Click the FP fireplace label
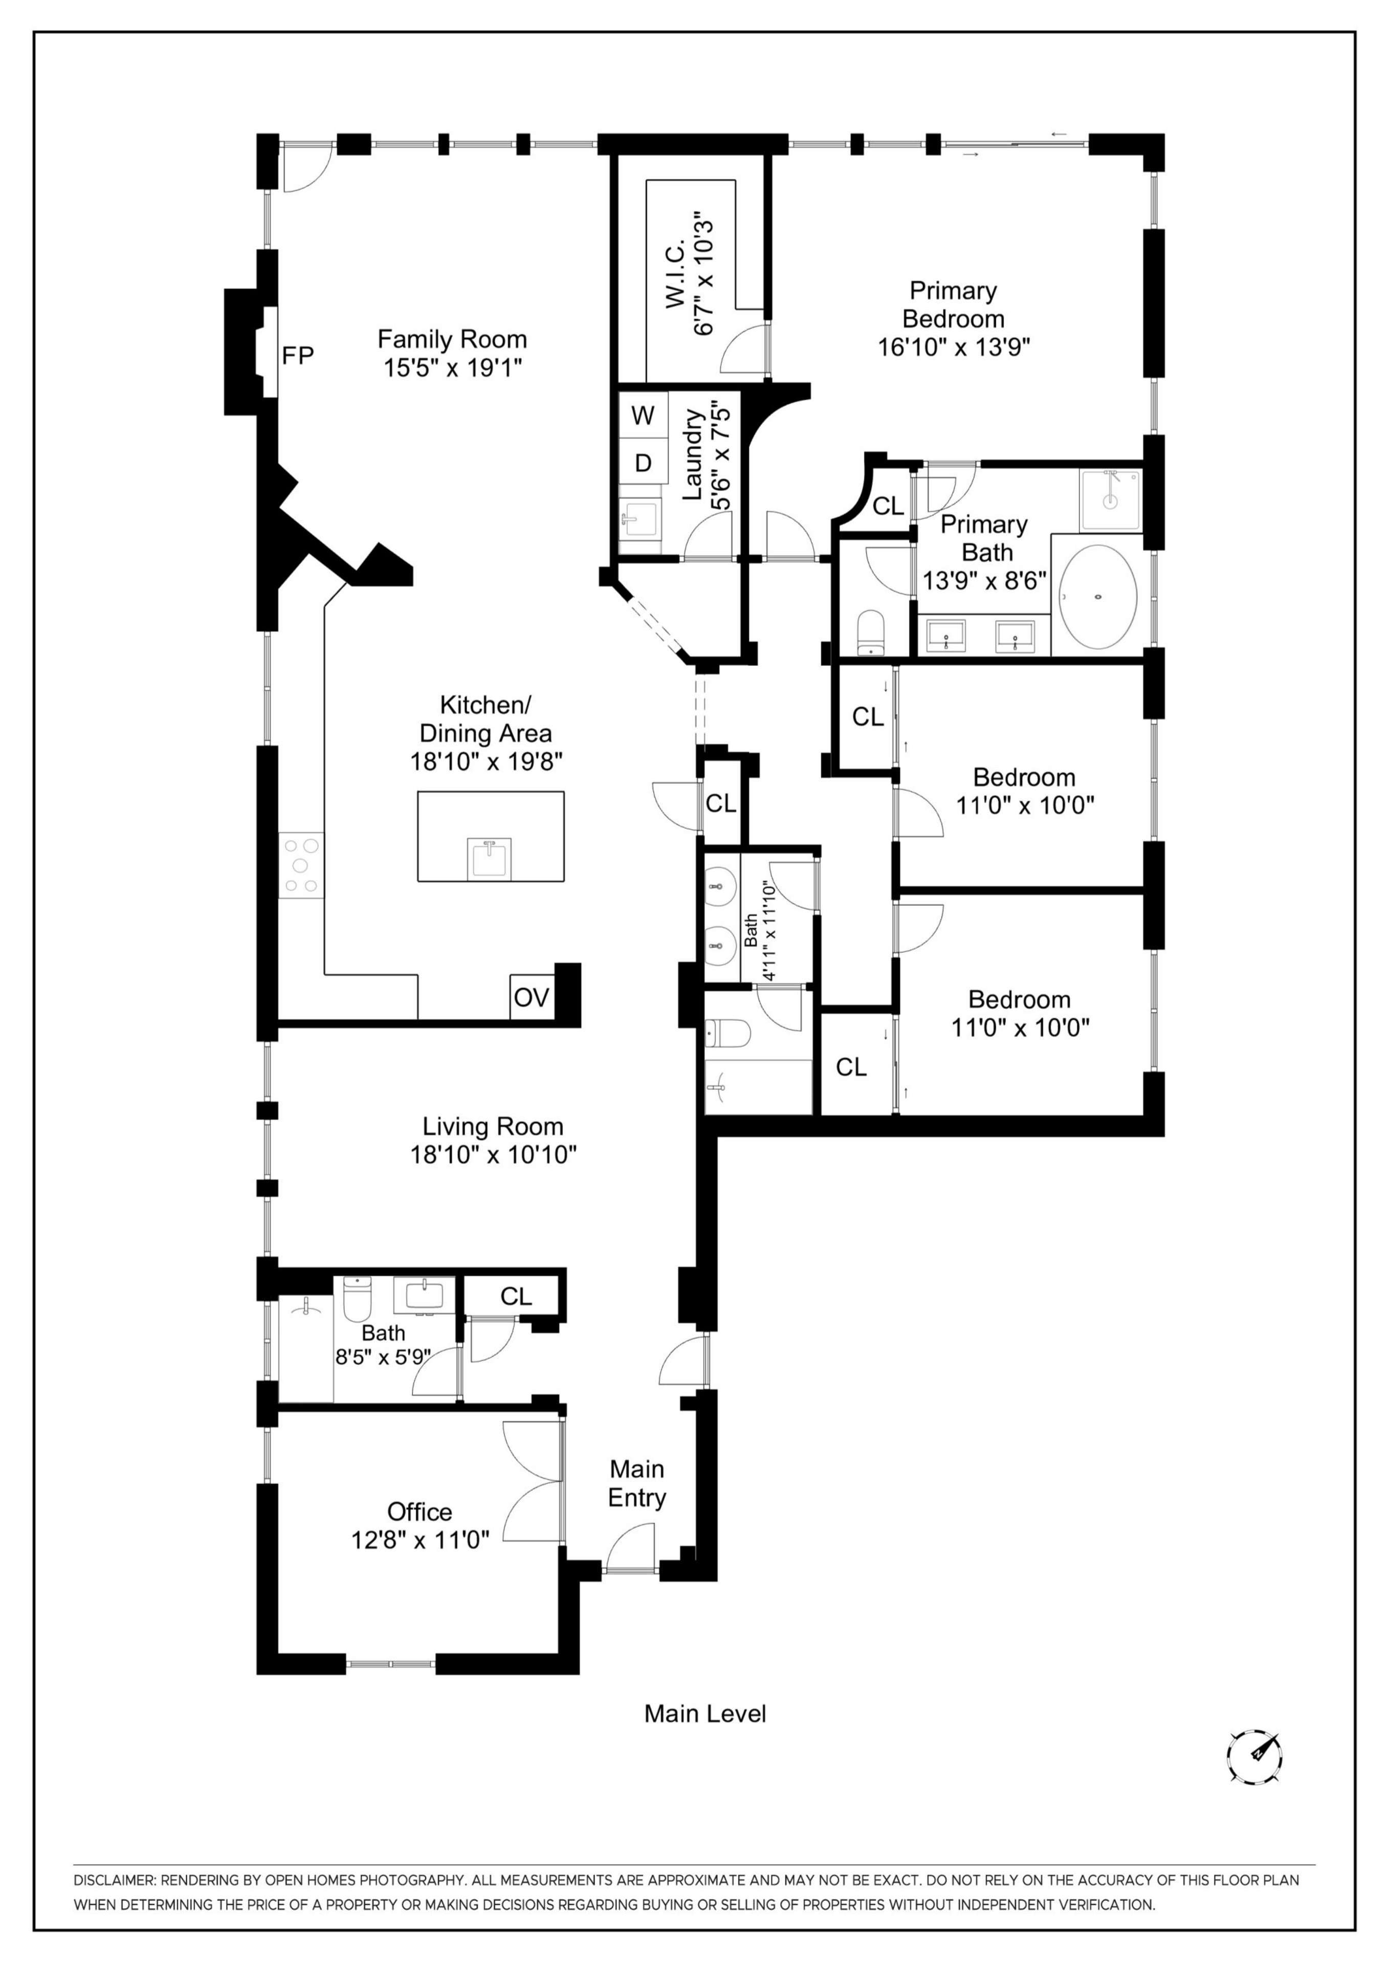click(298, 355)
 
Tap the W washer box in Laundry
click(643, 415)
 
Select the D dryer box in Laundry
click(643, 463)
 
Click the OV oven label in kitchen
click(531, 997)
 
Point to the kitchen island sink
click(489, 858)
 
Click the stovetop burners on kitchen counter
click(301, 865)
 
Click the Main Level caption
click(704, 1713)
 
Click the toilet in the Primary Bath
click(870, 631)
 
